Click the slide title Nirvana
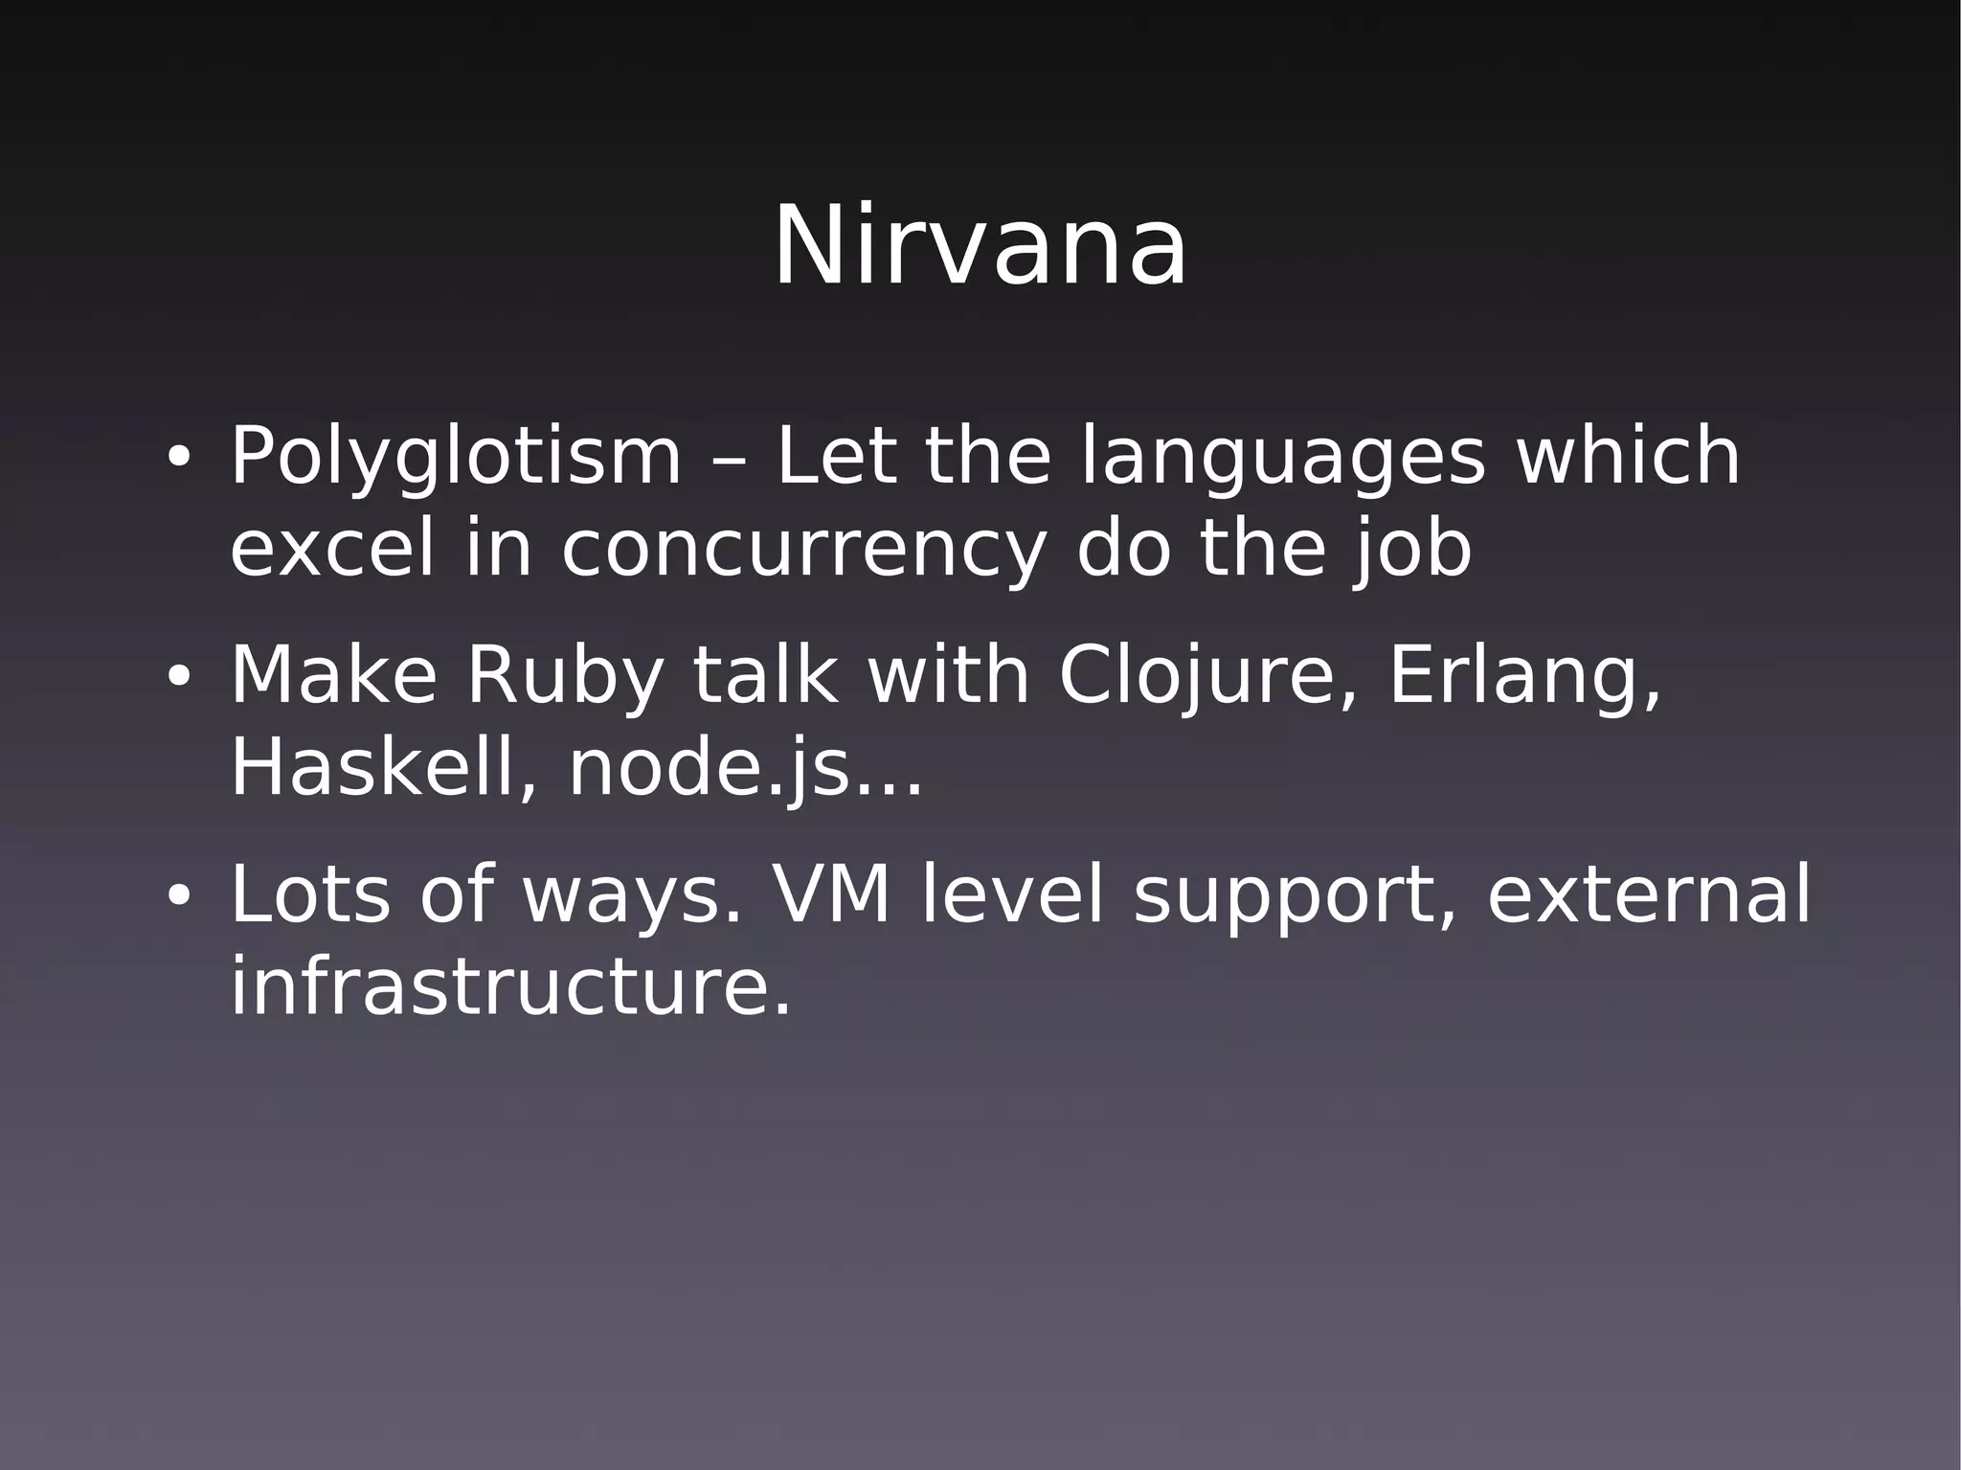[x=980, y=248]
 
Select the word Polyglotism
[x=456, y=459]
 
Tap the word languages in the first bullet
[x=1283, y=459]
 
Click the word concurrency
[x=802, y=553]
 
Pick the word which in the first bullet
[x=1628, y=457]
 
